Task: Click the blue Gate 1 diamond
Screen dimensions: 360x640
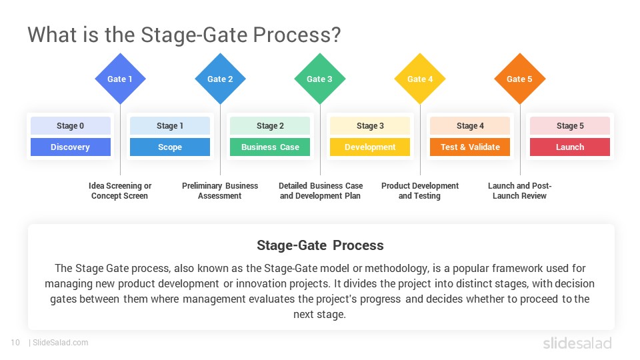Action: click(120, 79)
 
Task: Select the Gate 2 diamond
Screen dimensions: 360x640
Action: click(220, 79)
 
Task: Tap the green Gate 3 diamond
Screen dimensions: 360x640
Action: click(320, 79)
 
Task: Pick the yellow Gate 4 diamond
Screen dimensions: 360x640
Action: click(420, 79)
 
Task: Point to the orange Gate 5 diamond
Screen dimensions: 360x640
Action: click(520, 79)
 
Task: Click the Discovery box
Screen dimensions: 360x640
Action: click(70, 147)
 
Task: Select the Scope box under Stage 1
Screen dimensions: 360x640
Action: click(170, 147)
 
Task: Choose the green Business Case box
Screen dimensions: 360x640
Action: click(270, 147)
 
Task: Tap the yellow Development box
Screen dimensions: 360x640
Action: click(370, 147)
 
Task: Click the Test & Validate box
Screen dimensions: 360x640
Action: click(470, 147)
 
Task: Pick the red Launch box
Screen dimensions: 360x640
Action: click(570, 147)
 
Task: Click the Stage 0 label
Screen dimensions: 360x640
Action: click(70, 126)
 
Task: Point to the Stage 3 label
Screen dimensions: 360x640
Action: click(370, 126)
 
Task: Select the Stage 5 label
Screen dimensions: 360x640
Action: click(570, 126)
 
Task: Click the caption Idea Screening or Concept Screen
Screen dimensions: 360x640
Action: click(120, 191)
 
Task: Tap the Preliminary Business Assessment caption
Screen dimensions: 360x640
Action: click(220, 191)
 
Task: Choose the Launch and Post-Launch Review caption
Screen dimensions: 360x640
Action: click(520, 191)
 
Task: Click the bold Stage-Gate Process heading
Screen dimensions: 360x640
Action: click(320, 245)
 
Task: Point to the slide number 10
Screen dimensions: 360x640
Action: click(15, 343)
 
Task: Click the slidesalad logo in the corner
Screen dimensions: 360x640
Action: click(577, 343)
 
